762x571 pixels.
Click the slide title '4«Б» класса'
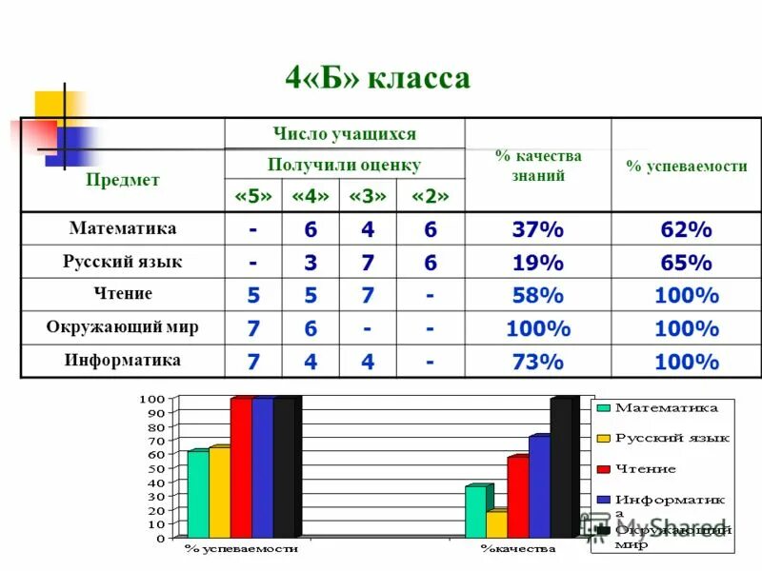pyautogui.click(x=378, y=78)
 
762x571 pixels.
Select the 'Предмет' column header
pyautogui.click(x=123, y=179)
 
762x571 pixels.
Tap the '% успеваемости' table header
pyautogui.click(x=686, y=166)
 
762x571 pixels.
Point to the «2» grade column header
pyautogui.click(x=430, y=196)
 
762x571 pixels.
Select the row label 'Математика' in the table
pyautogui.click(x=123, y=228)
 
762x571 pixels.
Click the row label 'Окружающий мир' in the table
pyautogui.click(x=123, y=327)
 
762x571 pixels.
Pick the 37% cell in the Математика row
pyautogui.click(x=538, y=229)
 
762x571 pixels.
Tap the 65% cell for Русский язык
pyautogui.click(x=686, y=263)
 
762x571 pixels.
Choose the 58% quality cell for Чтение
pyautogui.click(x=538, y=296)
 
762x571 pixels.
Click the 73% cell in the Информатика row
pyautogui.click(x=538, y=362)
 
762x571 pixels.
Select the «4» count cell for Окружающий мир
pyautogui.click(x=311, y=328)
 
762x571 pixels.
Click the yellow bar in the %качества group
pyautogui.click(x=495, y=524)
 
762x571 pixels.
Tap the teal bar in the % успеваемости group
pyautogui.click(x=197, y=495)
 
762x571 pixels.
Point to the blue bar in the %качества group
pyautogui.click(x=539, y=487)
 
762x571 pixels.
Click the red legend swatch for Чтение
pyautogui.click(x=603, y=469)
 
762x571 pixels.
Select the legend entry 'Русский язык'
pyautogui.click(x=672, y=438)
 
